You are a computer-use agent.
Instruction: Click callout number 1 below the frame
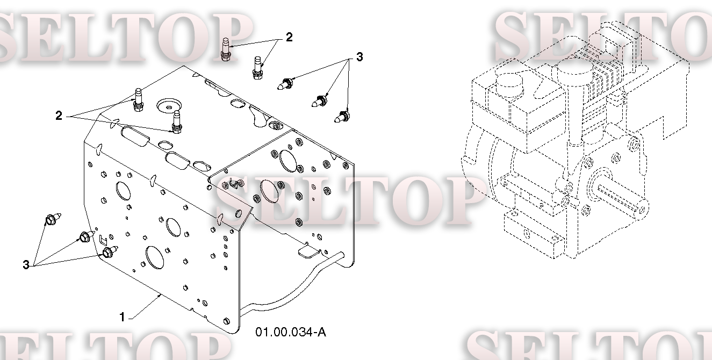click(x=122, y=317)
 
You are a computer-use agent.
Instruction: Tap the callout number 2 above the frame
click(x=289, y=37)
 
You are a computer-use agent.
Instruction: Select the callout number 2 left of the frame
click(x=59, y=116)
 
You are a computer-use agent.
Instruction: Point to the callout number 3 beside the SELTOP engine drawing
click(x=359, y=57)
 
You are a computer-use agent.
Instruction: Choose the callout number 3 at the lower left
click(x=26, y=264)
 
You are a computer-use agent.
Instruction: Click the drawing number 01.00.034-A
click(x=291, y=332)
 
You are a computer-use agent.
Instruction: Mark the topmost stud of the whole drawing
click(x=225, y=49)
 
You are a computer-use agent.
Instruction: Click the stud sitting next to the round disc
click(x=177, y=123)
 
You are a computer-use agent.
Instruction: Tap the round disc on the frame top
click(x=169, y=105)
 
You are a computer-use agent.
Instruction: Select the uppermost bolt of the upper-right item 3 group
click(x=285, y=84)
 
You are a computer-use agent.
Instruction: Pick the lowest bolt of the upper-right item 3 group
click(x=342, y=117)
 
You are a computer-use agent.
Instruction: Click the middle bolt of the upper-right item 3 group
click(x=319, y=101)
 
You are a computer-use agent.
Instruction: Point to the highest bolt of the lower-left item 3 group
click(x=53, y=219)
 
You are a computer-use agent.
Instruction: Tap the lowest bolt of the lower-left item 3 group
click(x=110, y=251)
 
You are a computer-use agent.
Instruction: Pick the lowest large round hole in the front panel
click(x=155, y=258)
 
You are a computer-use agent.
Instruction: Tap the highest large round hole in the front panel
click(x=124, y=191)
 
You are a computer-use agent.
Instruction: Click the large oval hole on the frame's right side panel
click(x=288, y=161)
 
